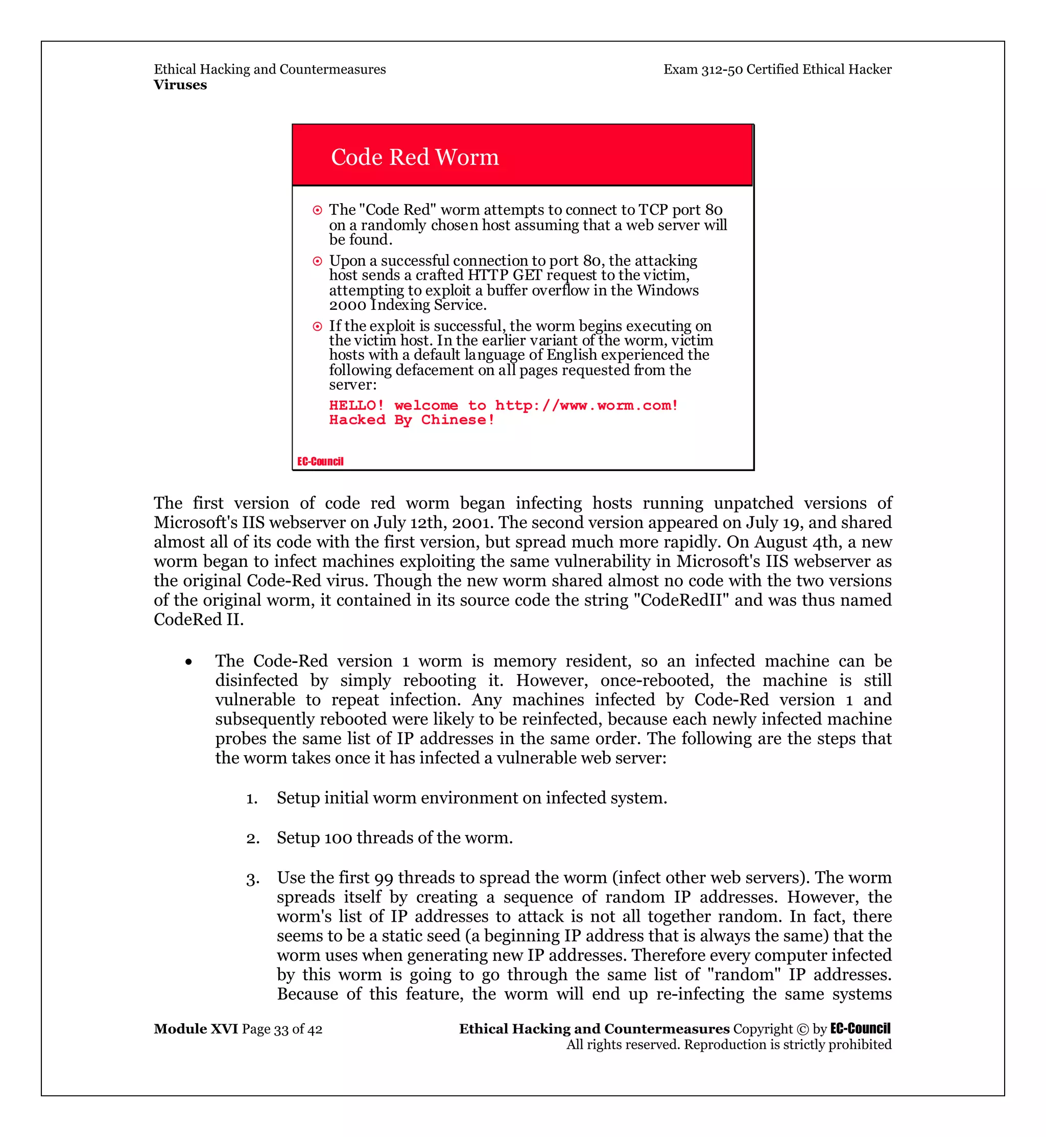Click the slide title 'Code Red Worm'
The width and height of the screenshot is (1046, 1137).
pos(414,157)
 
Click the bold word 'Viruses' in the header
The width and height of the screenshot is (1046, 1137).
pos(180,85)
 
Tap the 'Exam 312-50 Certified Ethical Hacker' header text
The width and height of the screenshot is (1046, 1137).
pos(777,69)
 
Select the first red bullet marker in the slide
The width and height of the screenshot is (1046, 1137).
pos(318,210)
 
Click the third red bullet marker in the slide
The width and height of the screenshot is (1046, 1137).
pos(318,327)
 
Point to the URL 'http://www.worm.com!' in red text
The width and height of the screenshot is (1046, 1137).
pos(586,406)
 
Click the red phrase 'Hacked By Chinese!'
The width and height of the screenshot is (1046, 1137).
pos(412,419)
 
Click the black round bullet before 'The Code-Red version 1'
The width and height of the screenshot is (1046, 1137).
pos(188,662)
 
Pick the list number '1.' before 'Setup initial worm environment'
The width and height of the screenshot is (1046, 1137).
pos(252,799)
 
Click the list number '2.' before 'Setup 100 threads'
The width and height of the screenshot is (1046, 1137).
pos(252,838)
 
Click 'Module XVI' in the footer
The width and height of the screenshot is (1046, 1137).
pos(196,1028)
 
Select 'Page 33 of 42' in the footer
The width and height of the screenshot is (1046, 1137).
pos(282,1029)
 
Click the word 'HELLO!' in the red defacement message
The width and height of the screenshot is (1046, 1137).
pos(356,406)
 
